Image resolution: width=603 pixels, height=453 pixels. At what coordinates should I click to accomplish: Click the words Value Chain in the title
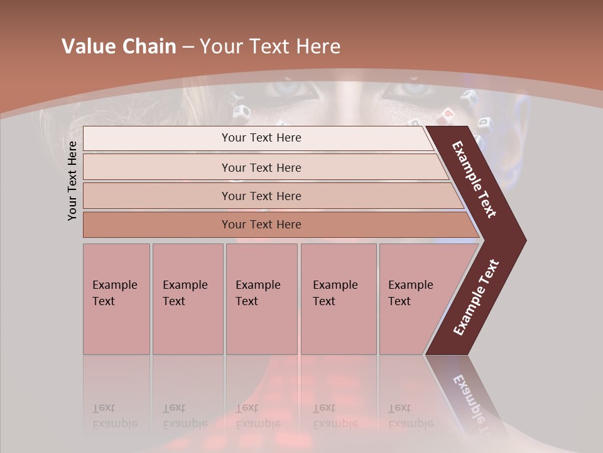pyautogui.click(x=119, y=47)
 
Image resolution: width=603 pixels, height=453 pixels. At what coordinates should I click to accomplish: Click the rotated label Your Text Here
pyautogui.click(x=73, y=181)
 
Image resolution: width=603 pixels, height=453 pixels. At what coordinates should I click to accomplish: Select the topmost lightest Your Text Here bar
pyautogui.click(x=261, y=138)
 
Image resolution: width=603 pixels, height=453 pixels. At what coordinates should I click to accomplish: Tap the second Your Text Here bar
pyautogui.click(x=261, y=167)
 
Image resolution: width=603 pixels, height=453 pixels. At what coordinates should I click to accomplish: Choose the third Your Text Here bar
pyautogui.click(x=261, y=196)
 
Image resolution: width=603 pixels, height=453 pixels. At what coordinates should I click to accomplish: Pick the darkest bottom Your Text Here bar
pyautogui.click(x=261, y=225)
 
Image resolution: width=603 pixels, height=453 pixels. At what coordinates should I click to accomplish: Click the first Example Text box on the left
pyautogui.click(x=116, y=298)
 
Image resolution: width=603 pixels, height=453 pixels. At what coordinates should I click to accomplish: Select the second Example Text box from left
pyautogui.click(x=187, y=298)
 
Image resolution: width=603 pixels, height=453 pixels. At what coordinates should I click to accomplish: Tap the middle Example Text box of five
pyautogui.click(x=261, y=298)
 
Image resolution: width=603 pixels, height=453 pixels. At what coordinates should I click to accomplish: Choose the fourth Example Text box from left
pyautogui.click(x=338, y=298)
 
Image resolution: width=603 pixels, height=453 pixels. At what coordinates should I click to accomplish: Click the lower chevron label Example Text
pyautogui.click(x=476, y=298)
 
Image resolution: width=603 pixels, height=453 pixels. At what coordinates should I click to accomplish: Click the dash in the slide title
pyautogui.click(x=188, y=47)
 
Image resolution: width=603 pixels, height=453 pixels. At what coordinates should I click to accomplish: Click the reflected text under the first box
pyautogui.click(x=115, y=416)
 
